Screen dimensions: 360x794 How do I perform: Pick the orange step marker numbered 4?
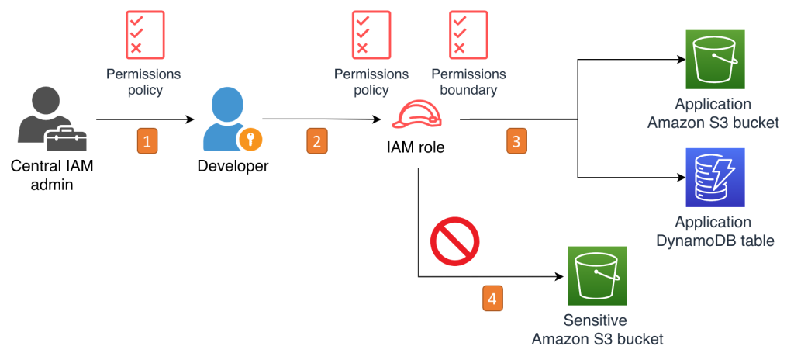[x=492, y=298]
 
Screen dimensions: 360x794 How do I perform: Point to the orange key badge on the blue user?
[x=250, y=140]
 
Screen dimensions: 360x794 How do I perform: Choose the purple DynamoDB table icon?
[x=715, y=177]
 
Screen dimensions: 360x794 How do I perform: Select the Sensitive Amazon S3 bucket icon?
[x=597, y=275]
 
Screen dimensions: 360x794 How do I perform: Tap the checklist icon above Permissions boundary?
[x=468, y=34]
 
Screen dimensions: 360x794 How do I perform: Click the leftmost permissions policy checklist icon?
[x=144, y=34]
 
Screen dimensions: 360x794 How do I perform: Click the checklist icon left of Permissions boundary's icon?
[x=371, y=34]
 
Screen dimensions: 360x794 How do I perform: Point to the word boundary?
[x=468, y=90]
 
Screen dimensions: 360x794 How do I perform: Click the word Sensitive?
[x=596, y=320]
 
